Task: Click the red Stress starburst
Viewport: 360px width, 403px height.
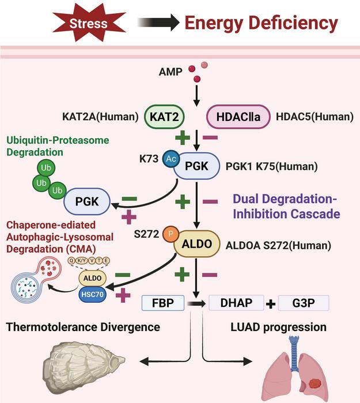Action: (89, 23)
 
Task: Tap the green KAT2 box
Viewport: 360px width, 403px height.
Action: (164, 117)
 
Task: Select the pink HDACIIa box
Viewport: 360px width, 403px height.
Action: (238, 117)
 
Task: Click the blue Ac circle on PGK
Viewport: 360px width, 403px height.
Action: (170, 158)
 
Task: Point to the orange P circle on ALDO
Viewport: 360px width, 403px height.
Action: (170, 234)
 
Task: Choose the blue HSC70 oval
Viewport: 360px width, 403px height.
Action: (92, 294)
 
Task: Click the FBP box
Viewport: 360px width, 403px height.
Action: (163, 303)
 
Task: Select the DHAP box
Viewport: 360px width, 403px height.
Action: (236, 303)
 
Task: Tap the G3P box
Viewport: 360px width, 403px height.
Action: (304, 303)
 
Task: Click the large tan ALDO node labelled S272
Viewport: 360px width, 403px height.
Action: (197, 244)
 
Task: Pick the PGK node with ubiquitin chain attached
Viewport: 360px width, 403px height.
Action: (87, 201)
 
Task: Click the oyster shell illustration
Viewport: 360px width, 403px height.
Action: (82, 364)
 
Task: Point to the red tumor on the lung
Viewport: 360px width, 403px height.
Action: (314, 384)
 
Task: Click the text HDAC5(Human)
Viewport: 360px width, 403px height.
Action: (314, 117)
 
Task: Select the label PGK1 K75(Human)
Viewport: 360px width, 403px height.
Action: (271, 166)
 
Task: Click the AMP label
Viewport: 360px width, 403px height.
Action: (170, 72)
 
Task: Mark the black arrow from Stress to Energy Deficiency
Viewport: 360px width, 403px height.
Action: (158, 22)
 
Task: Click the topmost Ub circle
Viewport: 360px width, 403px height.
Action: (46, 168)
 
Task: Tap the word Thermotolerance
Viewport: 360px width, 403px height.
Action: (52, 327)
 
